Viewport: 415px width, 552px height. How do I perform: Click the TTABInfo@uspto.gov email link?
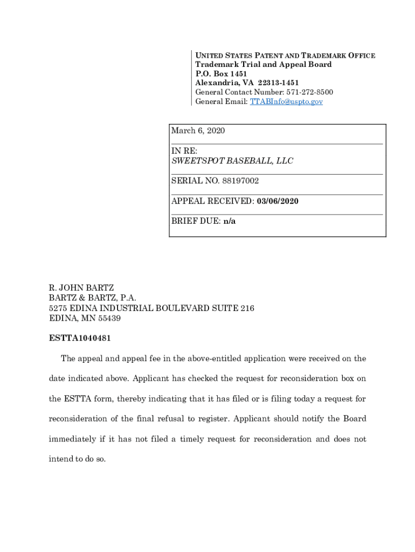pyautogui.click(x=286, y=101)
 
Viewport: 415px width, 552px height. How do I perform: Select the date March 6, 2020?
pyautogui.click(x=198, y=131)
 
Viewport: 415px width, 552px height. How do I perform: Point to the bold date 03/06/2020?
pyautogui.click(x=278, y=201)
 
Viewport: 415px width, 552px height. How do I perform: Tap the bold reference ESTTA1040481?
pyautogui.click(x=80, y=338)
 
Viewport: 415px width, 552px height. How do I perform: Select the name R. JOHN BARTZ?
pyautogui.click(x=81, y=288)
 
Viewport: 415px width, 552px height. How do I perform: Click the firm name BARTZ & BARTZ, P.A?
pyautogui.click(x=93, y=298)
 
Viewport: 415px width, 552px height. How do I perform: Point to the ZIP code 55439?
pyautogui.click(x=108, y=318)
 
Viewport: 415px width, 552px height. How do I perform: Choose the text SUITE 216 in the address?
pyautogui.click(x=236, y=308)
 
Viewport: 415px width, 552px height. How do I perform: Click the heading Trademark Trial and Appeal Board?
pyautogui.click(x=264, y=65)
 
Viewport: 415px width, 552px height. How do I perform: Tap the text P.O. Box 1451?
pyautogui.click(x=221, y=74)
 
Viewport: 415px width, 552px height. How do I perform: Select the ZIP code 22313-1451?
pyautogui.click(x=278, y=83)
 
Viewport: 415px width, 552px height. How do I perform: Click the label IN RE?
pyautogui.click(x=184, y=151)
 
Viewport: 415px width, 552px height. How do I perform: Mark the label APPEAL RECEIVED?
pyautogui.click(x=212, y=201)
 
